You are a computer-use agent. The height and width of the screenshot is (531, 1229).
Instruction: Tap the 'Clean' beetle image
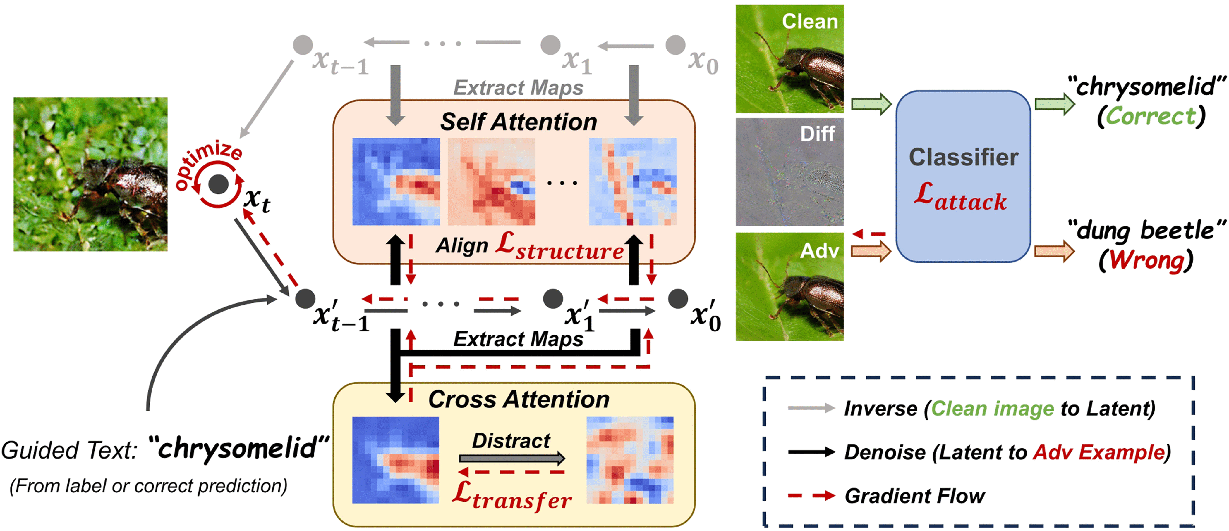789,59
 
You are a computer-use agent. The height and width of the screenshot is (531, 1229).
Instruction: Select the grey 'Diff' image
789,172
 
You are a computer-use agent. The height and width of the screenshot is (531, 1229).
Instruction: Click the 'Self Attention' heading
518,122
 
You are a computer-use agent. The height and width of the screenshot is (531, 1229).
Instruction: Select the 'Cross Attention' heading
518,399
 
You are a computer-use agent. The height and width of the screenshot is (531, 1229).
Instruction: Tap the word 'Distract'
511,440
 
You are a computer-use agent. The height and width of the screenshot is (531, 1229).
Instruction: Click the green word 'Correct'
1151,116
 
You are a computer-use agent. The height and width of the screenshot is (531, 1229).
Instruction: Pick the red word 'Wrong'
1146,260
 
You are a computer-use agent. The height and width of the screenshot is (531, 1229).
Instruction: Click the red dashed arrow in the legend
811,496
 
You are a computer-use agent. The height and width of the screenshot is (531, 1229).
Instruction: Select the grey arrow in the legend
811,408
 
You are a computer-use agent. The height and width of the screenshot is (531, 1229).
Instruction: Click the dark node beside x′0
677,299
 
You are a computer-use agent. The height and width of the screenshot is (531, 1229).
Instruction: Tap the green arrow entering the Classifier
871,103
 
